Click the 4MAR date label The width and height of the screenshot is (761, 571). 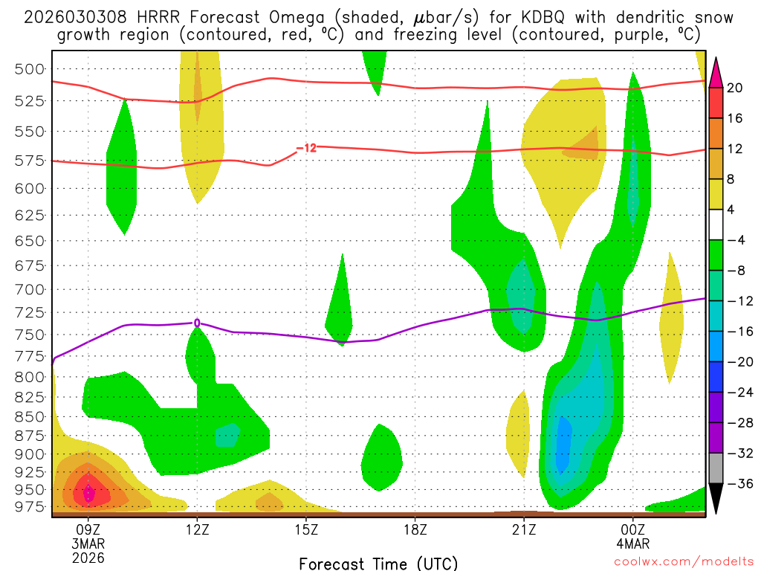coord(632,543)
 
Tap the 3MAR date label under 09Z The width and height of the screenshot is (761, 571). coord(88,543)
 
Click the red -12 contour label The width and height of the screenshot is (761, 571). coord(306,149)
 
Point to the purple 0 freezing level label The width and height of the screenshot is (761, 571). coord(197,323)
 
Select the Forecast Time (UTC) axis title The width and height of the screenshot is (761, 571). coord(378,563)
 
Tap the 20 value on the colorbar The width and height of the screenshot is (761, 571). coord(735,88)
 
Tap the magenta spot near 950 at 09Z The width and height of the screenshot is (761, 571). coord(88,492)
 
